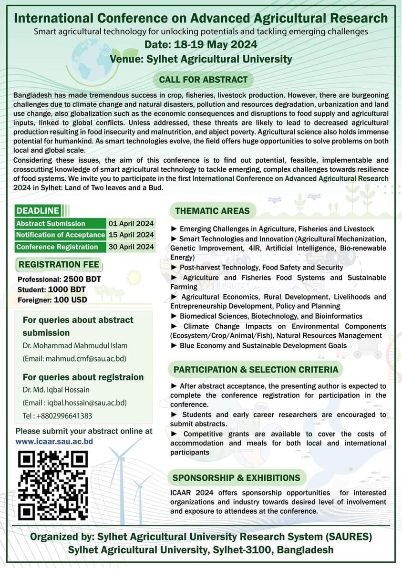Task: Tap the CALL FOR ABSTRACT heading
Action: coord(203,80)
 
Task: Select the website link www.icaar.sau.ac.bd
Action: coord(54,441)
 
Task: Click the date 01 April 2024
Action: coord(131,223)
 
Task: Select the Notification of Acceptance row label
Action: coord(60,235)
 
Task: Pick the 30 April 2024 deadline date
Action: coord(131,247)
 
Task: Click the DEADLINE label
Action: coord(38,210)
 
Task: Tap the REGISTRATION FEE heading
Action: coord(59,264)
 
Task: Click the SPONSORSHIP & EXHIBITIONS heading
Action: coord(237,477)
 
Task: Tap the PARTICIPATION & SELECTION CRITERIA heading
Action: coord(256,370)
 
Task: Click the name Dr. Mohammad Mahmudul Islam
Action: coord(75,345)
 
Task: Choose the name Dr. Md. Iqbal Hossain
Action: coord(56,390)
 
